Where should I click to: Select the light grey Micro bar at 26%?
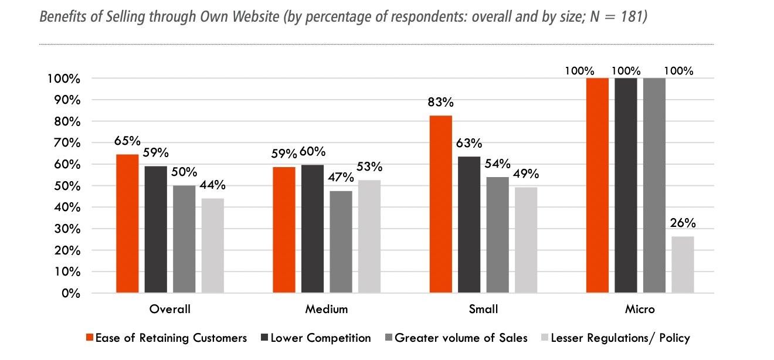(683, 264)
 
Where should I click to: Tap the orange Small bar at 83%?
(440, 204)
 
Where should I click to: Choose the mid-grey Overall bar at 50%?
(184, 239)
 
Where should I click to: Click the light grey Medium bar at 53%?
(369, 236)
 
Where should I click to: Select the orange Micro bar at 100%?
(598, 185)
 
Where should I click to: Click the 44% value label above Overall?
(212, 185)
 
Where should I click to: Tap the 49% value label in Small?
(525, 174)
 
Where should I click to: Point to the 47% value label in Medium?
(341, 178)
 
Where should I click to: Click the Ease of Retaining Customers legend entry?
(166, 338)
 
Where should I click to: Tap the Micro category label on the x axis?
(640, 309)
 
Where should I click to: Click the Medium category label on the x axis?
(327, 309)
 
